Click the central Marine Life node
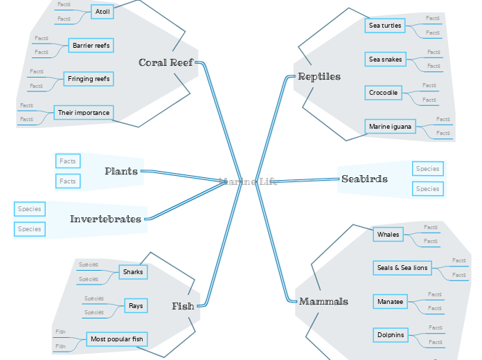coord(248,182)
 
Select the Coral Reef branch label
coord(166,62)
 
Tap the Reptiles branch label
coord(319,76)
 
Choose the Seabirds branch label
coord(364,179)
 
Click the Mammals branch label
coord(323,301)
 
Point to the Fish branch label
coord(183,306)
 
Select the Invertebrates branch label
coord(105,219)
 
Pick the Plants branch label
coord(122,171)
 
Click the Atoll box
coord(102,12)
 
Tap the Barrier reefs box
coord(91,46)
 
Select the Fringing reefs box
coord(89,79)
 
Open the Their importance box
coord(83,112)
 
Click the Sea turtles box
coord(385,26)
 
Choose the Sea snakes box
coord(385,60)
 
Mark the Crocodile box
coord(384,93)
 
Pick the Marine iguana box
coord(390,127)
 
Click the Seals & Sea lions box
coord(402,268)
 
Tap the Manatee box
coord(390,302)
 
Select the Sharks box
coord(133,272)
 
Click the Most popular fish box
coord(117,339)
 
